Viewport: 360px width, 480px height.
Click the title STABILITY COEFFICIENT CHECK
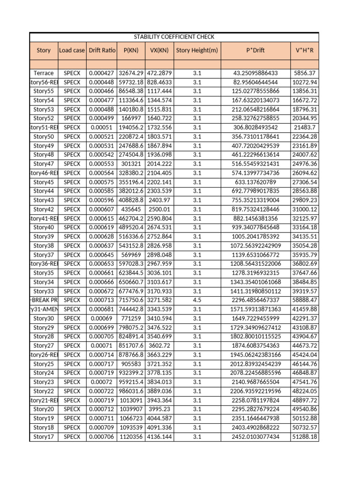click(x=174, y=37)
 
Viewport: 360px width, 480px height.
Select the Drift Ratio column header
click(x=102, y=50)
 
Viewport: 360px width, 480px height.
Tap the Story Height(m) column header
click(x=197, y=50)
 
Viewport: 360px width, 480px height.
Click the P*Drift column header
click(x=255, y=50)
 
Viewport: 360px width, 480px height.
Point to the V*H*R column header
click(x=304, y=50)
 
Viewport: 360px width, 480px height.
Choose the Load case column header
click(x=72, y=50)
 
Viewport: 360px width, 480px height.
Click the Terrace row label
click(x=44, y=73)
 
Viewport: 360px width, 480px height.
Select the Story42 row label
click(x=44, y=210)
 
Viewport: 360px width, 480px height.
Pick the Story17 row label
click(x=44, y=436)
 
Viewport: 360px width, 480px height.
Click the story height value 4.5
click(x=197, y=300)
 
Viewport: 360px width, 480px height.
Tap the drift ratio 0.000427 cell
click(x=102, y=73)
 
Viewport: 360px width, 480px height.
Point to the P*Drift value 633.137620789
click(x=255, y=182)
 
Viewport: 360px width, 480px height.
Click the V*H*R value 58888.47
click(x=305, y=300)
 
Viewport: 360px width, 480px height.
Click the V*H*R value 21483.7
click(x=305, y=127)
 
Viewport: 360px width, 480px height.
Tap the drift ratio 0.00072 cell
click(x=102, y=382)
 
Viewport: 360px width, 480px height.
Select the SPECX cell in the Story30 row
click(x=72, y=318)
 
